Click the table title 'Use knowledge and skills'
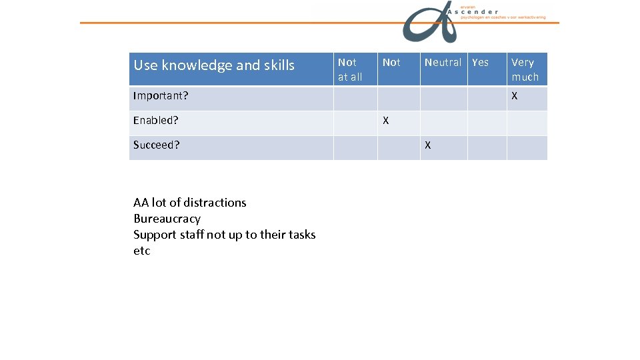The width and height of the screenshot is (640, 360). pos(213,65)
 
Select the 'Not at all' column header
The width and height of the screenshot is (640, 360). pos(350,69)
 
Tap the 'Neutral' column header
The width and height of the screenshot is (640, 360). pos(443,63)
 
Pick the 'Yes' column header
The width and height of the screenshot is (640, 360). pos(480,63)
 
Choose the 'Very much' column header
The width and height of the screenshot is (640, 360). pos(525,69)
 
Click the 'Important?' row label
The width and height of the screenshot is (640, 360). pos(161,96)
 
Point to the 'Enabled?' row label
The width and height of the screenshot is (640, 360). pos(156,121)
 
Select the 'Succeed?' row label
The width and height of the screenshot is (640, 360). pos(157,145)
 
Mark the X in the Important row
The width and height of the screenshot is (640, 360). pos(514,96)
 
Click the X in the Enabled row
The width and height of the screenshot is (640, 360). pos(385,121)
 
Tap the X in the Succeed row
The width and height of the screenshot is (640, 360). pos(427,145)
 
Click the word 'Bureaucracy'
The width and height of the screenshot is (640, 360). pos(167,219)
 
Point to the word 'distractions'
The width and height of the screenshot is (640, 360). pos(215,203)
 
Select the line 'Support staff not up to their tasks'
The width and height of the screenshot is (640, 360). pos(224,235)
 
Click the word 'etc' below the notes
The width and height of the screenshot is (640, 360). pos(142,251)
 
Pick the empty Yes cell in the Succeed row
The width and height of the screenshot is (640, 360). pos(487,148)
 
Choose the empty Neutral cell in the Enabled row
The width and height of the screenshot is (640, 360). pos(443,123)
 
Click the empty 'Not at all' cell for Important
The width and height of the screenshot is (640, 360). pos(355,99)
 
